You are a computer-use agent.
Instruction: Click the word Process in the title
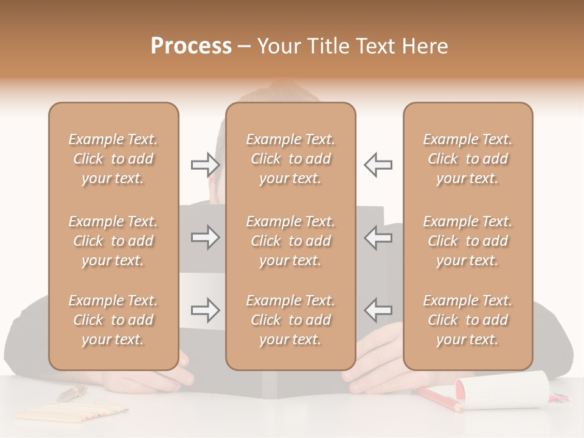[x=191, y=46]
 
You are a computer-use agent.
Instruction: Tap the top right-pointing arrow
[x=205, y=165]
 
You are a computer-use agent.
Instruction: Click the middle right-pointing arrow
[x=205, y=237]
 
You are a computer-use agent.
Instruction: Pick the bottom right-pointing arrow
[x=205, y=310]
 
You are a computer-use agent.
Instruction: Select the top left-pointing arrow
[x=378, y=165]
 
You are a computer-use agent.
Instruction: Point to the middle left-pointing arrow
[x=378, y=237]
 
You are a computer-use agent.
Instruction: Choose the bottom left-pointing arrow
[x=378, y=310]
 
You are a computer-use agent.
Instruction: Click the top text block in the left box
[x=113, y=159]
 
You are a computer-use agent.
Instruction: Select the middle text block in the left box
[x=113, y=241]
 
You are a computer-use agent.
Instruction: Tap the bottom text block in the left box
[x=113, y=320]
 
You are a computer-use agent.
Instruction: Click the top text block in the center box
[x=291, y=159]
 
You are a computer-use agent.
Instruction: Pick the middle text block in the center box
[x=291, y=241]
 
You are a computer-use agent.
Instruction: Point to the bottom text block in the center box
[x=291, y=320]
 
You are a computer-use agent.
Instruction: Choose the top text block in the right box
[x=468, y=159]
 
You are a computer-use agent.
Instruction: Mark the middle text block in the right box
[x=468, y=241]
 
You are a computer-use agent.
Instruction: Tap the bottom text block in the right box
[x=468, y=320]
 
